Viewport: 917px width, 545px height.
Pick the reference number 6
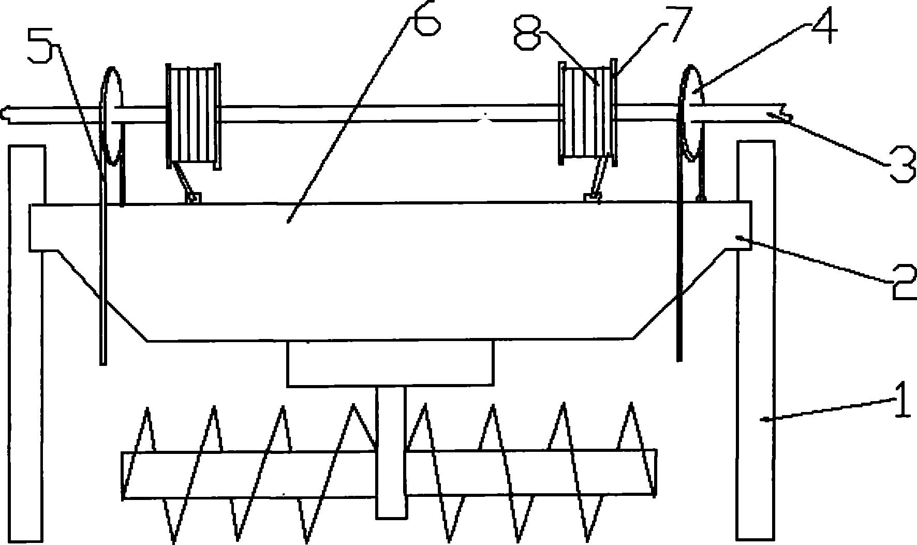[425, 18]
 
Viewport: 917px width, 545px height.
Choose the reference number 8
[528, 31]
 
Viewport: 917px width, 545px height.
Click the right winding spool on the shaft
[588, 113]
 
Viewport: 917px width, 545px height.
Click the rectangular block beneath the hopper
[390, 363]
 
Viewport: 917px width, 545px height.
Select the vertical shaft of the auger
[391, 452]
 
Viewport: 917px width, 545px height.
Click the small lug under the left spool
[194, 197]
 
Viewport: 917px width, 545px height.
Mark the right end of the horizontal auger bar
[656, 473]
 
